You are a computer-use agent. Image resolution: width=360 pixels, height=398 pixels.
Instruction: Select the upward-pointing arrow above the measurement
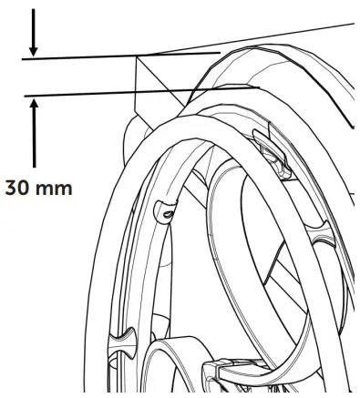[x=35, y=128]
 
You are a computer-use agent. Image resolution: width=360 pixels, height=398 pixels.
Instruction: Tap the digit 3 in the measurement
[x=11, y=190]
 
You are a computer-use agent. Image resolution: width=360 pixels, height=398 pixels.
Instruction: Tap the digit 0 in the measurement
[x=26, y=190]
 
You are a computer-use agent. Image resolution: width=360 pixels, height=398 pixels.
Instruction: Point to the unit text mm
[x=56, y=190]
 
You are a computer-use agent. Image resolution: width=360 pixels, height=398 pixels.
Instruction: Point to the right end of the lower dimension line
[x=259, y=87]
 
